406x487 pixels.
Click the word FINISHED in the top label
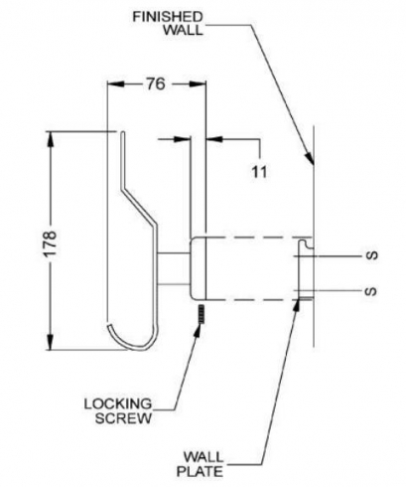click(168, 17)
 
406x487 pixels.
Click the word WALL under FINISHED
click(184, 30)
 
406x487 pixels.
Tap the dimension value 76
click(156, 84)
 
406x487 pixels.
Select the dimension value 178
click(50, 243)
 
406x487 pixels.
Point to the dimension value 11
click(259, 172)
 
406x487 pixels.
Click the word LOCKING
click(118, 404)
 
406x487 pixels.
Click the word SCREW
click(123, 418)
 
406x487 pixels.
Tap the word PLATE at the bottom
click(200, 471)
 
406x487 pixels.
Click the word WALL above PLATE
click(203, 457)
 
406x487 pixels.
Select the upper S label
click(372, 255)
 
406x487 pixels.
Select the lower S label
click(371, 291)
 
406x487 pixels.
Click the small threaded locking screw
click(201, 314)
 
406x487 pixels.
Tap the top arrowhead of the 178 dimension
click(51, 138)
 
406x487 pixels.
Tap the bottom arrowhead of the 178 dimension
click(51, 342)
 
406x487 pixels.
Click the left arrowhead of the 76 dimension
click(115, 84)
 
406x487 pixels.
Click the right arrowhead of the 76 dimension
click(199, 84)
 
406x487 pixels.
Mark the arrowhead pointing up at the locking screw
click(198, 330)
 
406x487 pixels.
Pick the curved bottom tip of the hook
click(109, 326)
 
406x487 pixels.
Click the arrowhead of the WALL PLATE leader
click(298, 305)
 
